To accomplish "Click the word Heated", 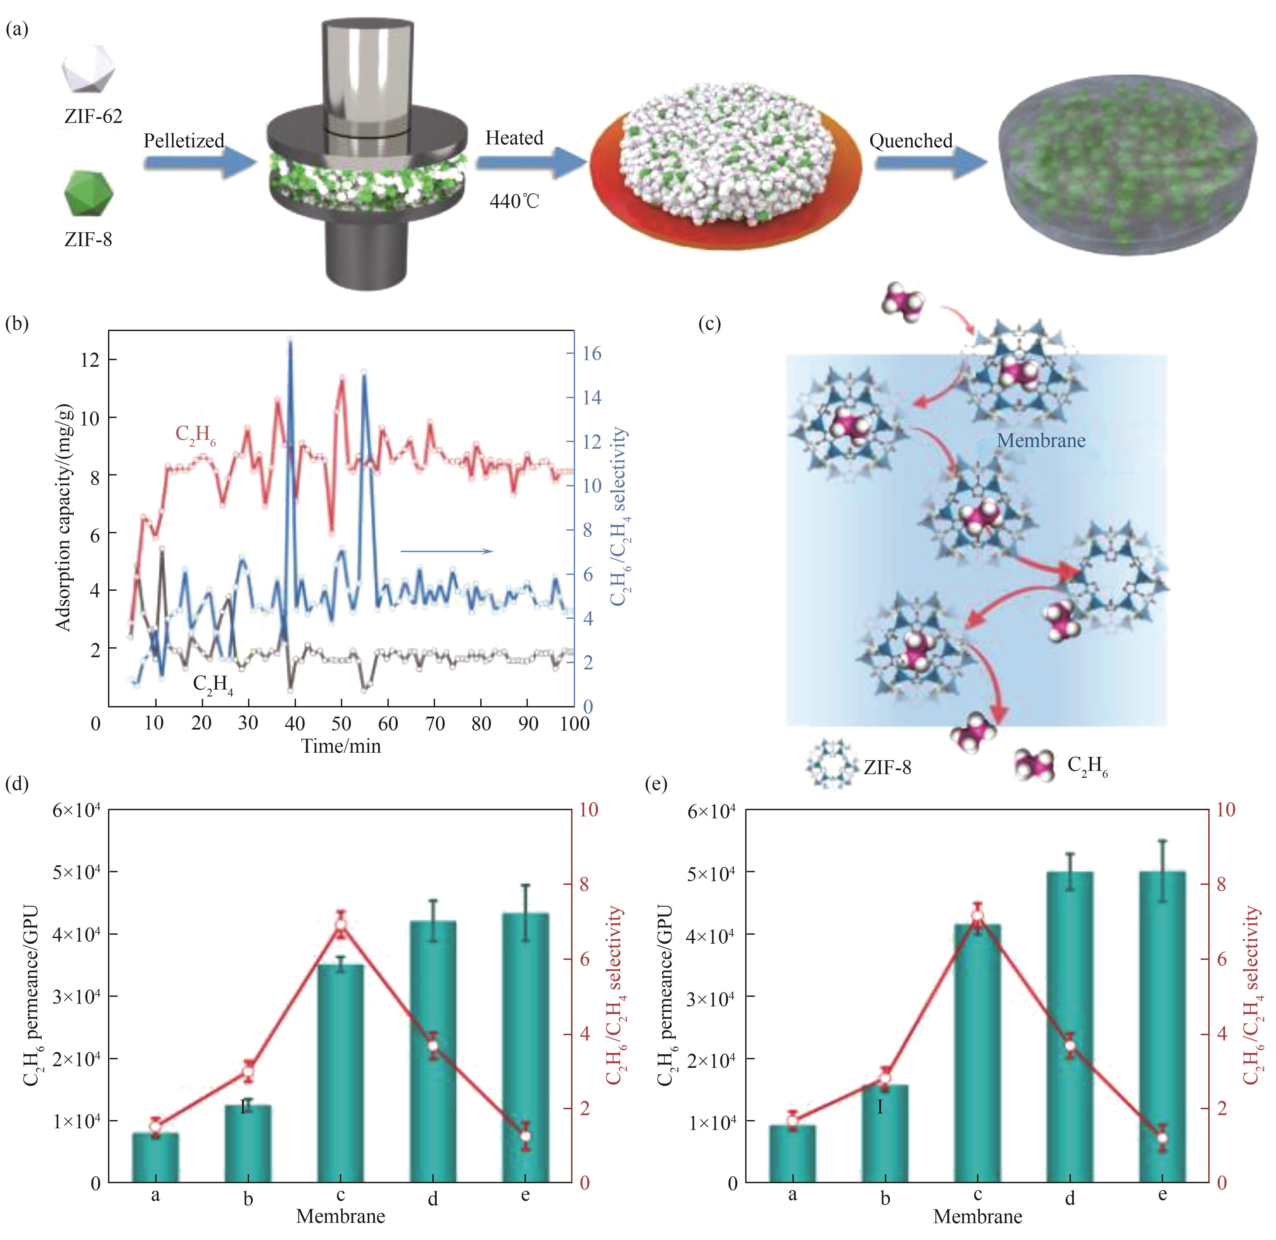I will click(x=514, y=138).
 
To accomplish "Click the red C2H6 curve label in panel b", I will click(x=195, y=435).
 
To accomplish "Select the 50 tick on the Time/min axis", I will click(x=341, y=723).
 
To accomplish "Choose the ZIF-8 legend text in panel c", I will click(x=887, y=767).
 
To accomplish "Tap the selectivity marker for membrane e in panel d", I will click(x=526, y=1136).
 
